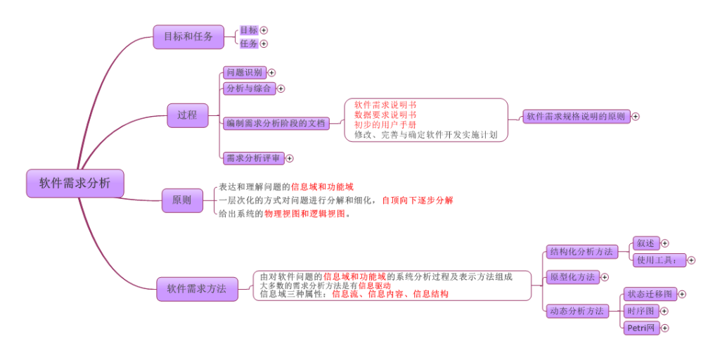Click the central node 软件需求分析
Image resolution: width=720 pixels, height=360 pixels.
click(x=75, y=184)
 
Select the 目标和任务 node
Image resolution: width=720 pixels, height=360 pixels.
click(x=188, y=37)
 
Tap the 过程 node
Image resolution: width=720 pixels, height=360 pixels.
click(x=187, y=115)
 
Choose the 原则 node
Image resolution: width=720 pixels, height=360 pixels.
click(x=181, y=200)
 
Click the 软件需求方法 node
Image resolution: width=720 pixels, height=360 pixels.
click(x=196, y=288)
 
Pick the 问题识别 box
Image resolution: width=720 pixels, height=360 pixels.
click(x=243, y=72)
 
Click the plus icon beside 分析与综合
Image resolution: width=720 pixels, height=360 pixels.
click(x=281, y=89)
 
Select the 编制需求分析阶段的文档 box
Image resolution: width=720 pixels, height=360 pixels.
click(x=276, y=123)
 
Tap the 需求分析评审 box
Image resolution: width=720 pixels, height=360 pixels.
click(x=252, y=158)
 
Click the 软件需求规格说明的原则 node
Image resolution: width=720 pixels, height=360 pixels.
click(x=576, y=117)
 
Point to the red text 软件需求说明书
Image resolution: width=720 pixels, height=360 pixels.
click(x=385, y=105)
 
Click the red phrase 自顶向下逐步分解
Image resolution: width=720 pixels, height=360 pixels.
click(x=418, y=200)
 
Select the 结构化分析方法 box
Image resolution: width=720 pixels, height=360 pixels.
click(x=581, y=252)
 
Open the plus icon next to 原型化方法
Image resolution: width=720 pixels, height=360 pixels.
click(x=605, y=278)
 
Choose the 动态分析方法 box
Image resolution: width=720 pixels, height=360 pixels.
click(x=576, y=311)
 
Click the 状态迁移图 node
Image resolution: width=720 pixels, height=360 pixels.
click(x=649, y=294)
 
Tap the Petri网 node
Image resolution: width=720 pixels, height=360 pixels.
click(x=641, y=328)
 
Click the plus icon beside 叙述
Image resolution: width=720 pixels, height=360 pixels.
click(x=664, y=243)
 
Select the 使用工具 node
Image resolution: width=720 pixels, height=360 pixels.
click(x=658, y=260)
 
